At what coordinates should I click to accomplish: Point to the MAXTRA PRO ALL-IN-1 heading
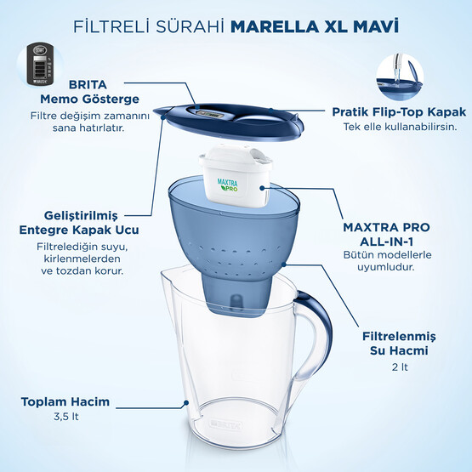point(386,236)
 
